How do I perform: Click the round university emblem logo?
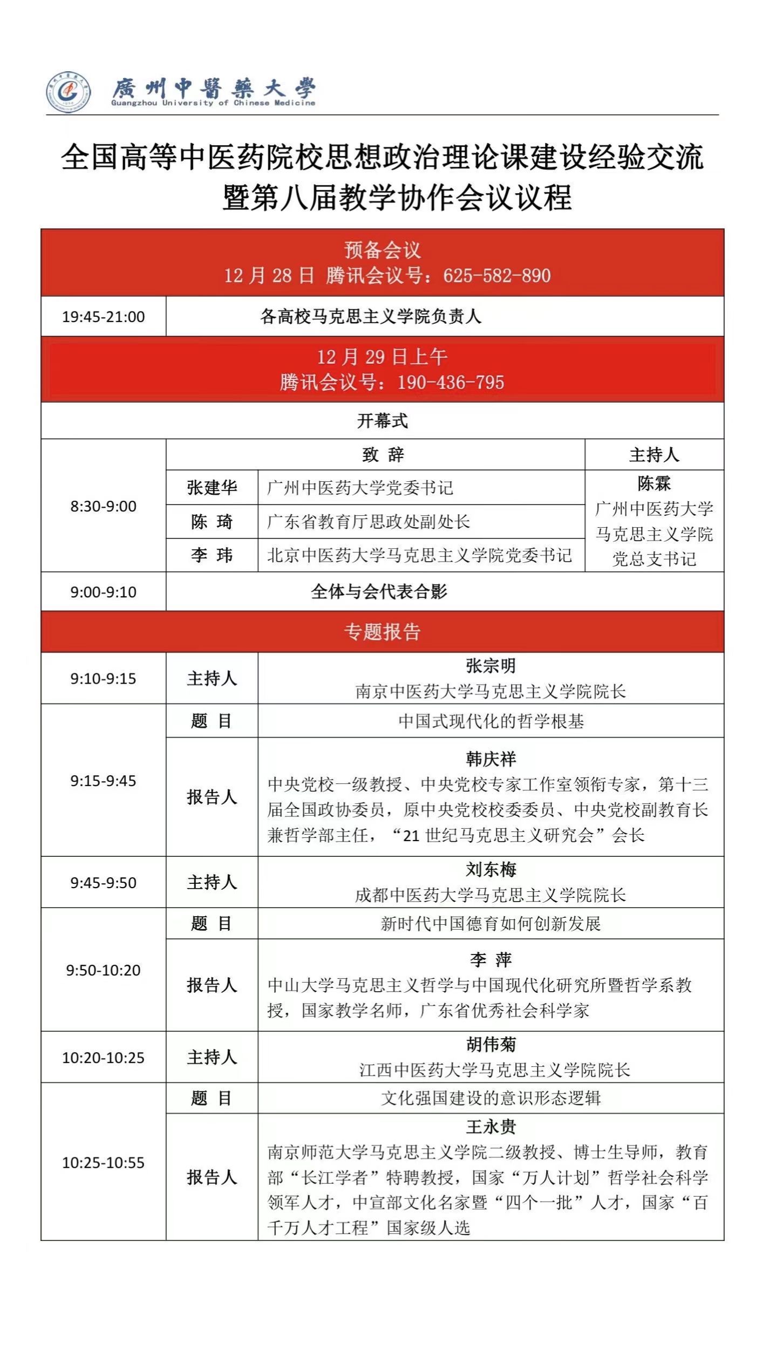point(68,91)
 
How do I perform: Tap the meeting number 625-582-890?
point(496,276)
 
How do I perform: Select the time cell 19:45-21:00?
point(103,317)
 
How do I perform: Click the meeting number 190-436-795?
point(451,383)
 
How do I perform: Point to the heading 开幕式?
point(382,421)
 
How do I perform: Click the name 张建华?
point(212,488)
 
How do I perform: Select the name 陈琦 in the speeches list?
point(212,522)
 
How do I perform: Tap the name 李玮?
point(212,555)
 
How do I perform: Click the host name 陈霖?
point(654,483)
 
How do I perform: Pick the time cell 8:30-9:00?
point(103,506)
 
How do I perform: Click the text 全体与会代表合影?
point(379,592)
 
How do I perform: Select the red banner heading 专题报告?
point(382,632)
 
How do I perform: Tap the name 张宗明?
point(491,666)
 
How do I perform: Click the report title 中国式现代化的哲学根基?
point(491,721)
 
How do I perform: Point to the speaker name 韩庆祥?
point(491,759)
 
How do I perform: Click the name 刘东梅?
point(491,870)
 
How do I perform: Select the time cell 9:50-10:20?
point(103,970)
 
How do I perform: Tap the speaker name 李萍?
point(491,960)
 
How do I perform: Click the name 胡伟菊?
point(491,1045)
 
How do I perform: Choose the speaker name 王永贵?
point(491,1127)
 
